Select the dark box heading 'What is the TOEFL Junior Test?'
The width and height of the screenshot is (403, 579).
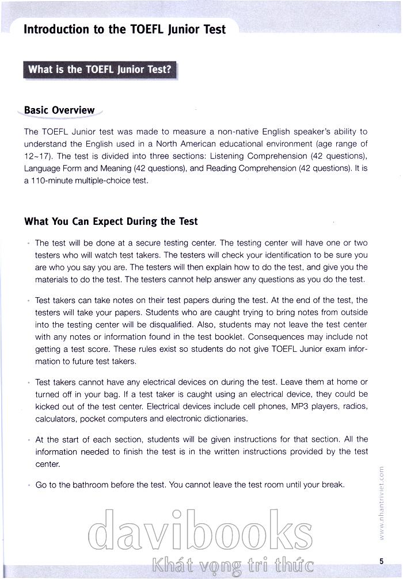tap(100, 70)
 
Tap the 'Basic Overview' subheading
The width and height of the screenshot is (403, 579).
tap(59, 110)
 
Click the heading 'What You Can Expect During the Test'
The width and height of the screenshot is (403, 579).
tap(111, 221)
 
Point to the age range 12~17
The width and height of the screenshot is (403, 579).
tap(37, 156)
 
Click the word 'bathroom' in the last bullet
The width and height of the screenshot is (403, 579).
tap(93, 485)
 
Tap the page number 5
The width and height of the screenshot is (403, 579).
tap(381, 561)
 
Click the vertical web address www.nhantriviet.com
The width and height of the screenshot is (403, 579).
tap(382, 503)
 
